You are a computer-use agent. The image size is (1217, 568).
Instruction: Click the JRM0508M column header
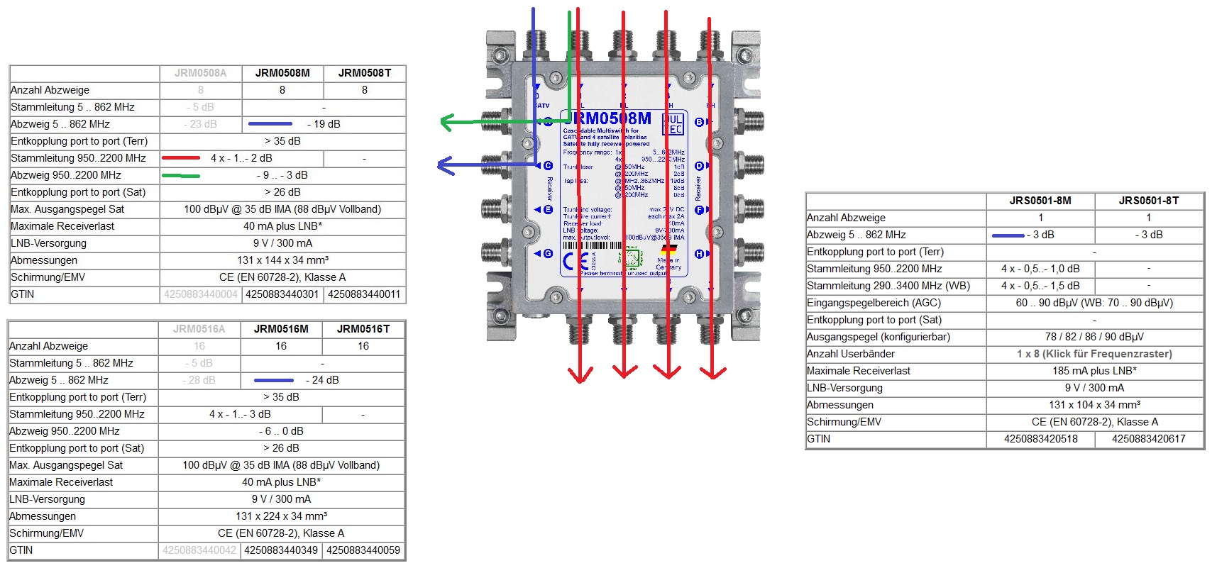click(282, 73)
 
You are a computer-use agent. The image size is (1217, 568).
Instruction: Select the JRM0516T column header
click(363, 329)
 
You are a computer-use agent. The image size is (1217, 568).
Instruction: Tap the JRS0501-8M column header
click(1040, 201)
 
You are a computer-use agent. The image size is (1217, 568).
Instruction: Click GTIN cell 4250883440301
click(282, 294)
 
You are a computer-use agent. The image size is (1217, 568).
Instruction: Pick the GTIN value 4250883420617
click(1148, 439)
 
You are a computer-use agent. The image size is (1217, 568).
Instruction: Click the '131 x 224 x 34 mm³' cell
click(282, 516)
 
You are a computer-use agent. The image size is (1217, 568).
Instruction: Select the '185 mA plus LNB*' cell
click(1094, 371)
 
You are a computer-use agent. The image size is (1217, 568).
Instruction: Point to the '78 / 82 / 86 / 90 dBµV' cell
click(1094, 337)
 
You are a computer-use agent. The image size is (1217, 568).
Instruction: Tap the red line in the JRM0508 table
click(181, 158)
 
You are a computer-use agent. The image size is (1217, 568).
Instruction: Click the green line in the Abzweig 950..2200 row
click(181, 175)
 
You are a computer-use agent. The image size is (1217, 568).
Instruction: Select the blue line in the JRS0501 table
click(1008, 235)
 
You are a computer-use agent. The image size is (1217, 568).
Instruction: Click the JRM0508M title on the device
click(609, 118)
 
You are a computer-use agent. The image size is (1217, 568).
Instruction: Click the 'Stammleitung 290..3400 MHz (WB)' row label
click(888, 286)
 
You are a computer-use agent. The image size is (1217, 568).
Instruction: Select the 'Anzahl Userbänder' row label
click(850, 354)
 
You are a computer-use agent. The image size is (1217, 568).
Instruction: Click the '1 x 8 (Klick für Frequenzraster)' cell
click(1094, 354)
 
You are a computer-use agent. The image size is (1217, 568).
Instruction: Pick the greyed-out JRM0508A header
click(201, 73)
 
